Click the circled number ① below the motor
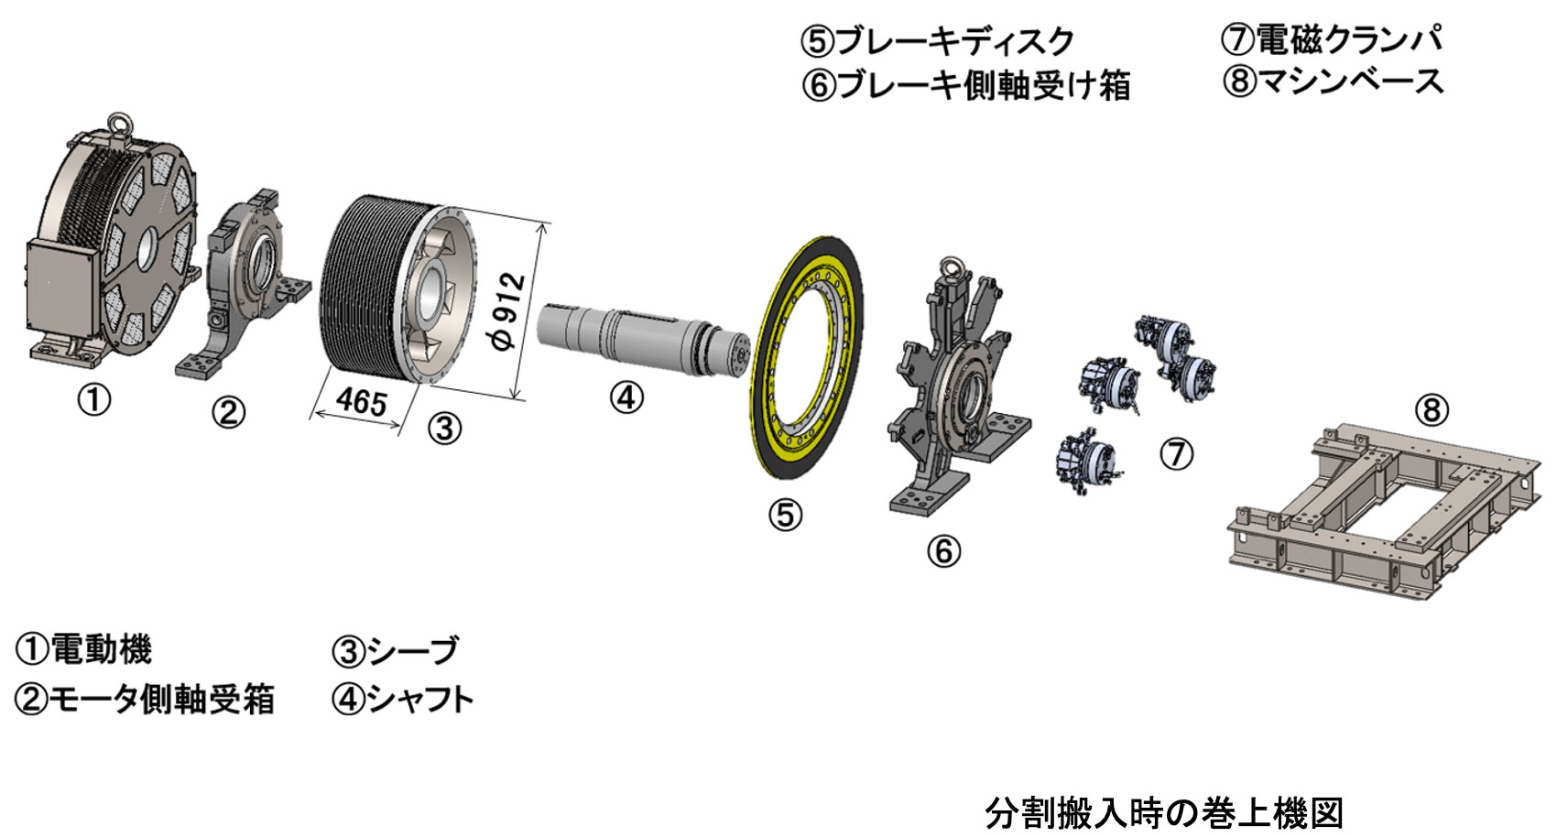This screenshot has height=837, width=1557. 93,399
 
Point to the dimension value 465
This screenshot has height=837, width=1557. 361,400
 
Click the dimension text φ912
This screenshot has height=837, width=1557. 510,310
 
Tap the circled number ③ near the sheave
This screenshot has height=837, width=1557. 444,428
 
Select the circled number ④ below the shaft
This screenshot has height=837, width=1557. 626,397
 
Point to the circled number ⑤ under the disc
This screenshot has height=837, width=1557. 785,515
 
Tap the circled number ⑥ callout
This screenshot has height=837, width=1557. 943,550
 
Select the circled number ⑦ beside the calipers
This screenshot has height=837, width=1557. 1177,453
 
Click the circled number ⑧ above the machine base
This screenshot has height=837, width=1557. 1432,409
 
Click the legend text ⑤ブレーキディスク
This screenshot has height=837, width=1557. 937,41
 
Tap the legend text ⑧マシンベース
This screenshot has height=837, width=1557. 1333,82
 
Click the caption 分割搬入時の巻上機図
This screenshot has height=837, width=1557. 1164,812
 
